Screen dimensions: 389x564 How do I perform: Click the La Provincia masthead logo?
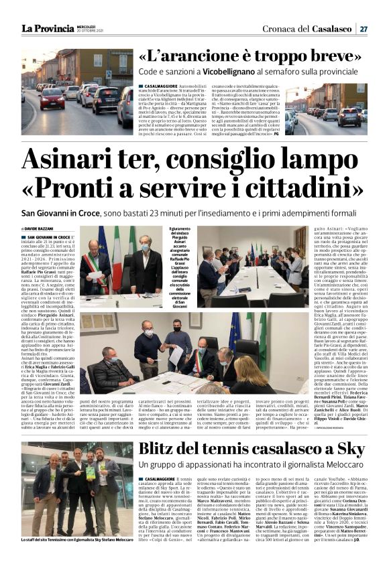point(48,28)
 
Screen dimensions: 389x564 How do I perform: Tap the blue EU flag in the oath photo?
point(101,241)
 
